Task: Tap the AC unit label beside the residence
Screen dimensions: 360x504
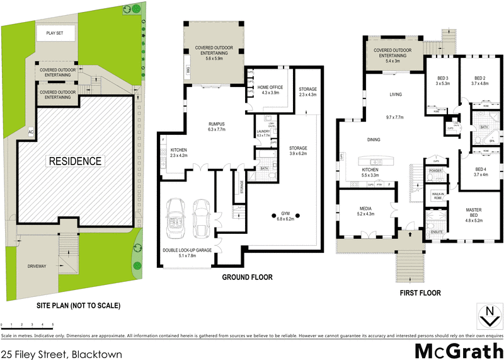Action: pos(30,131)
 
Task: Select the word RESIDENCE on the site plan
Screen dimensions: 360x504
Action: pos(75,161)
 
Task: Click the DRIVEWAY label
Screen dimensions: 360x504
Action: pos(37,266)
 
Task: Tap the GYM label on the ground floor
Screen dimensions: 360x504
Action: pos(289,216)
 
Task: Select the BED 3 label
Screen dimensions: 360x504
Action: pos(441,80)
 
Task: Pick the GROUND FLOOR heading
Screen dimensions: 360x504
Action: pos(246,277)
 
